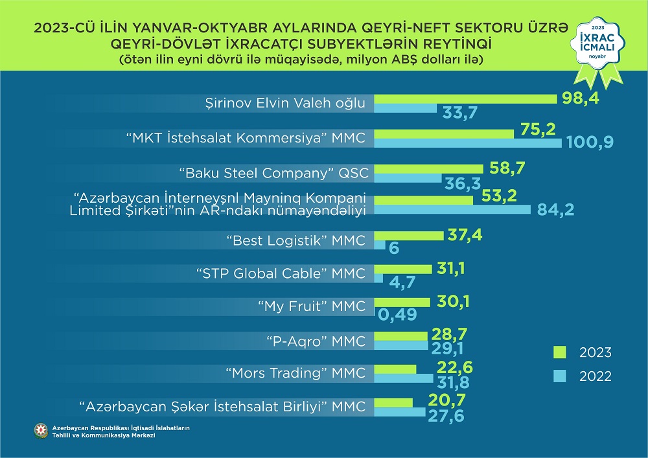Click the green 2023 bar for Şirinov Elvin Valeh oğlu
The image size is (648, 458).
pos(465,98)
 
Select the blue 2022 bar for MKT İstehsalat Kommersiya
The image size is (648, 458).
pos(468,143)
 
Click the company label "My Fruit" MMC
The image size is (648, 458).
pos(310,306)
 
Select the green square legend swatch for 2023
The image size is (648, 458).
pos(560,352)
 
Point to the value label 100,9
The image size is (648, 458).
pos(590,141)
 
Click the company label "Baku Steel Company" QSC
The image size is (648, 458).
pos(273,173)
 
